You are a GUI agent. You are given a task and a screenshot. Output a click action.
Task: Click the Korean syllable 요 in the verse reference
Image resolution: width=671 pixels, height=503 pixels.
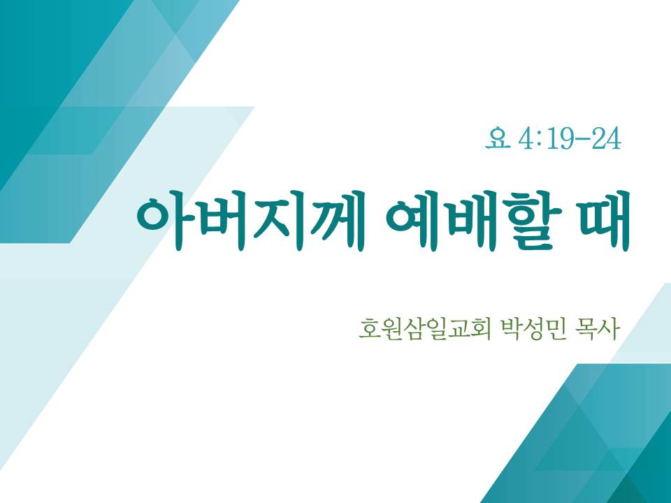498,138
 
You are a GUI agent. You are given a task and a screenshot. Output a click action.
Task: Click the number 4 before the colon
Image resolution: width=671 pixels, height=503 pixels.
526,139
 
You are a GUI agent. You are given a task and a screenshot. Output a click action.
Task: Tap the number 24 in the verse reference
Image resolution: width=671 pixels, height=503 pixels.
606,139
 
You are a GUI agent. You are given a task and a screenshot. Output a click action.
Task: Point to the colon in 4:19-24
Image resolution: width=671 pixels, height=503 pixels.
539,140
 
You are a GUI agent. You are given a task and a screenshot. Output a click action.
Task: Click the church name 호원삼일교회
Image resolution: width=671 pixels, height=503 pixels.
425,329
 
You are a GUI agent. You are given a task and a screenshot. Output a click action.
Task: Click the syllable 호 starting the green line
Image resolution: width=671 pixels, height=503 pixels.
369,329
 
